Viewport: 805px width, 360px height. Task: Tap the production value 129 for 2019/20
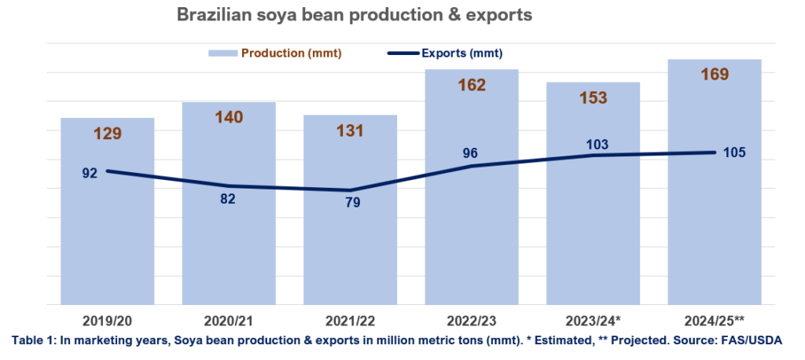coord(107,133)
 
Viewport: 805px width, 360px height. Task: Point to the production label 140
coord(229,117)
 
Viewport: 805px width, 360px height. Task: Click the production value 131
coord(350,130)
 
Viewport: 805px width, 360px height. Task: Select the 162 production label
coord(471,85)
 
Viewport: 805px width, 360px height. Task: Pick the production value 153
coord(593,97)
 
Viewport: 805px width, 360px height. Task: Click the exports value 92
coord(90,172)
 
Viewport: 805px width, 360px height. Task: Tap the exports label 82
coord(228,199)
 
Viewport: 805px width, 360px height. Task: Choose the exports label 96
coord(470,153)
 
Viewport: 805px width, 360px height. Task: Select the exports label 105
coord(734,152)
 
